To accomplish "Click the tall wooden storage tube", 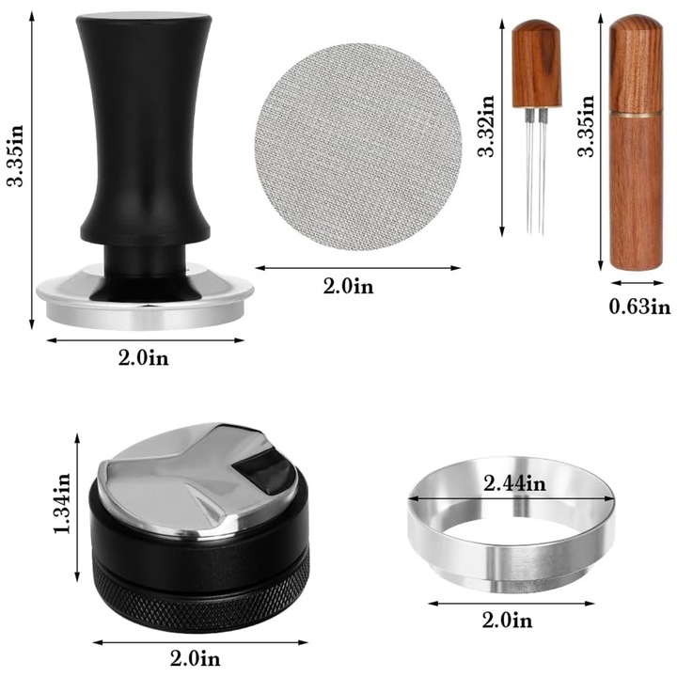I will tap(635, 188).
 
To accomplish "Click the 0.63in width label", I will tap(638, 306).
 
